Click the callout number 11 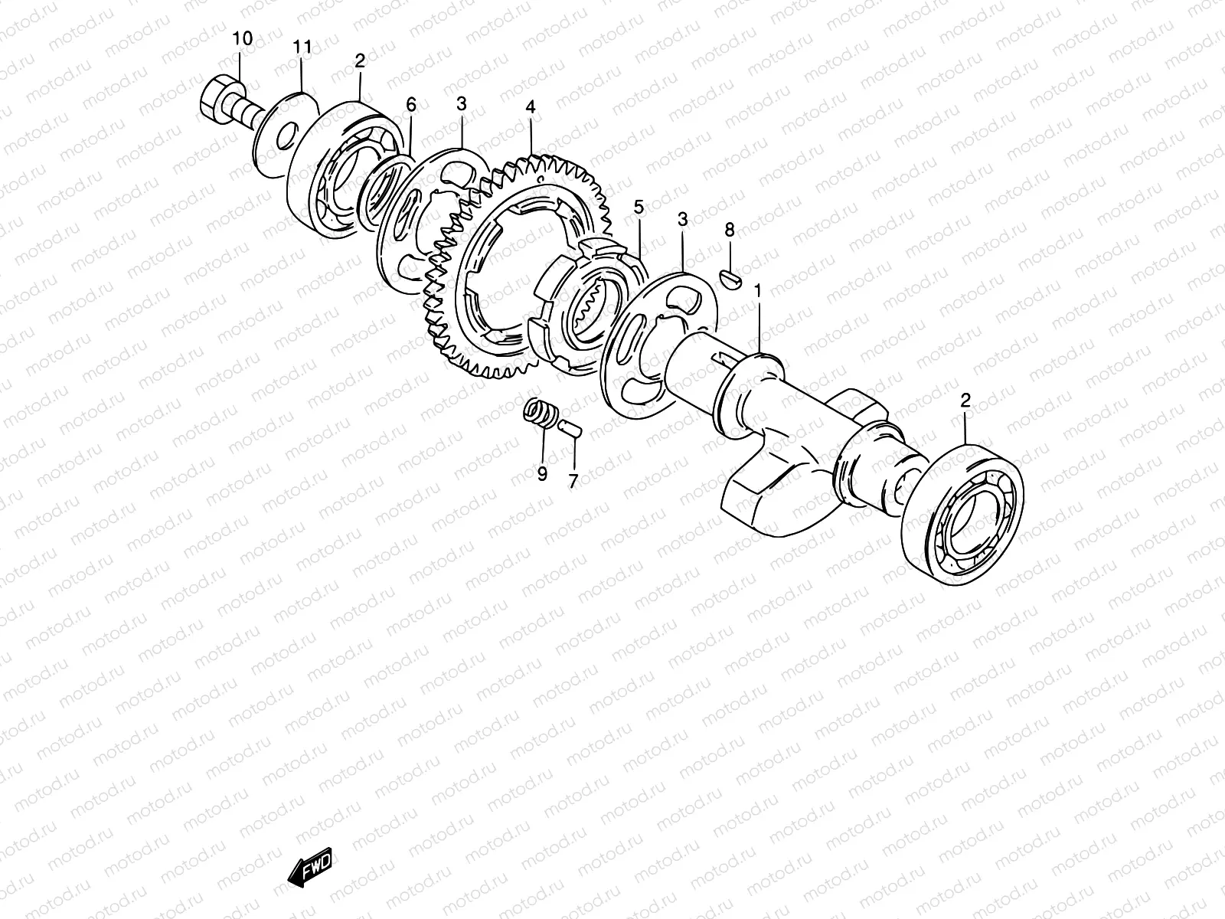[x=302, y=47]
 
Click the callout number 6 [x=411, y=103]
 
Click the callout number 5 [x=638, y=208]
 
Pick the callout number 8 [x=730, y=229]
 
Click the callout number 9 [x=542, y=474]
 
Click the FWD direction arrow [x=311, y=868]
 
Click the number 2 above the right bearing [x=965, y=400]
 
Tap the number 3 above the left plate [x=461, y=103]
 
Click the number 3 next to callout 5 [x=683, y=221]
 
